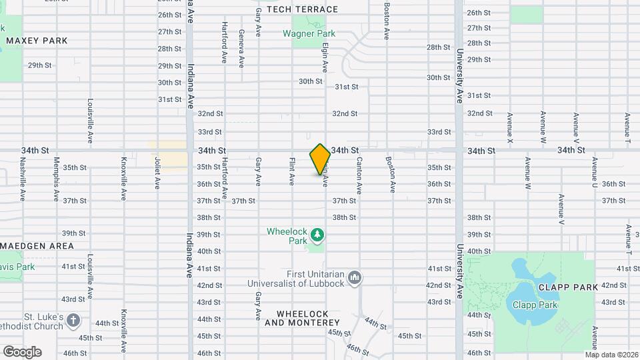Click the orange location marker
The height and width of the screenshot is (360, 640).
[320, 159]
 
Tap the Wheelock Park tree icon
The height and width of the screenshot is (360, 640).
[318, 235]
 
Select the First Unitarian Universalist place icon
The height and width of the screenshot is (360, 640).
[355, 276]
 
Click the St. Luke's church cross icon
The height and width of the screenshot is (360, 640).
[73, 321]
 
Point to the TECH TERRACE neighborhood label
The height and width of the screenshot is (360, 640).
[303, 9]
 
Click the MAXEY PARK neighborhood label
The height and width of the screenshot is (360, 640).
[37, 41]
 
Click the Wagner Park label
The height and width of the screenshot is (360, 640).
[309, 33]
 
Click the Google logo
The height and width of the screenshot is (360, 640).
[22, 351]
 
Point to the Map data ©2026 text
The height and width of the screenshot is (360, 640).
[613, 354]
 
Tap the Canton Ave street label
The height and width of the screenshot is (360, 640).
[359, 175]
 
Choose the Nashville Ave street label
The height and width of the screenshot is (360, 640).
[23, 179]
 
